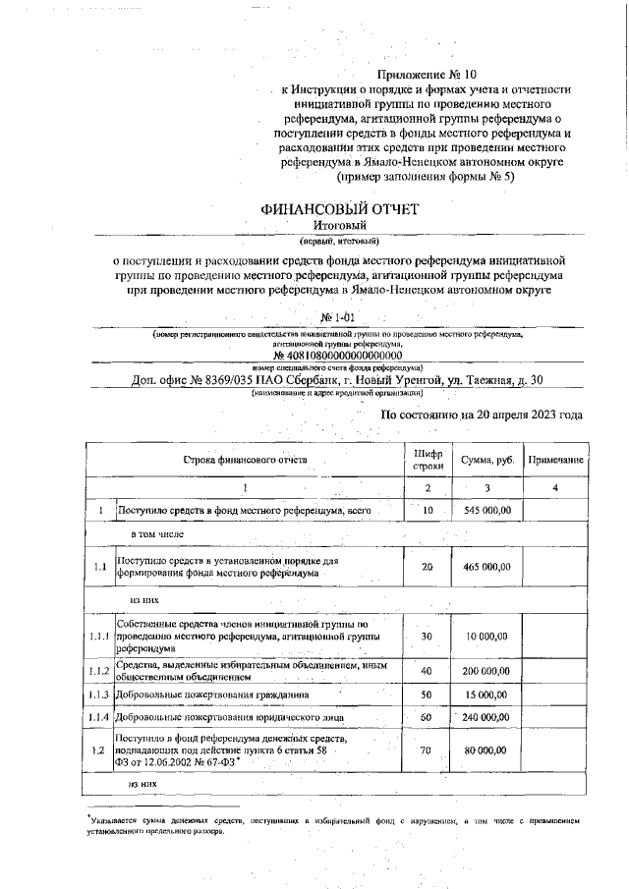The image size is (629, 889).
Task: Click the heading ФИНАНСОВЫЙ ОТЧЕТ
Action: tap(339, 209)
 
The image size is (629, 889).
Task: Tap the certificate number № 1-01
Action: tap(341, 318)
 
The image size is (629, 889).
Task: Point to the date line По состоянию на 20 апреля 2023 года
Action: tap(481, 415)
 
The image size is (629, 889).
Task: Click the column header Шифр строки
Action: tap(428, 460)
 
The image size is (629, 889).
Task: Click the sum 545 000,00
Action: tap(486, 510)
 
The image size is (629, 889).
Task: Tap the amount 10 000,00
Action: tap(487, 637)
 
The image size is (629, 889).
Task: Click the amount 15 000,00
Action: tap(487, 695)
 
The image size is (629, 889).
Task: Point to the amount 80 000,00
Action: tap(487, 750)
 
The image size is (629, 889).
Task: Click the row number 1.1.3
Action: tap(98, 695)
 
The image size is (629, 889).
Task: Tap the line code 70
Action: tap(428, 750)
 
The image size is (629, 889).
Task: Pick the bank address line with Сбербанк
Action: tap(339, 380)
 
